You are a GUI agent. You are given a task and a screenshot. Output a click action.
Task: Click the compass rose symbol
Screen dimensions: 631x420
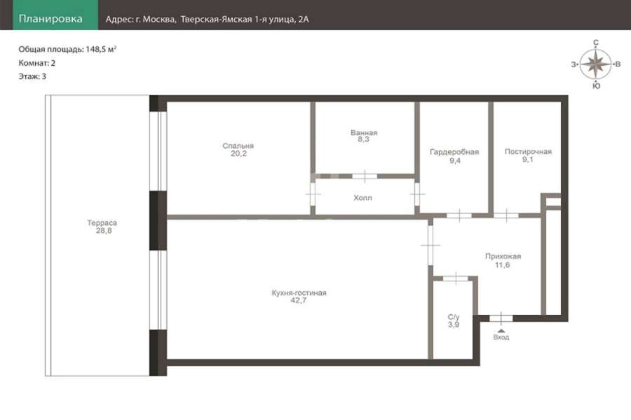[596, 64]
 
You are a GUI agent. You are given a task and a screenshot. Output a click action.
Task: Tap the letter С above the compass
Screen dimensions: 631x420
[596, 43]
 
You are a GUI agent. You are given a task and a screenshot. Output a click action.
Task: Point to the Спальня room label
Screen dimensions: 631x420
[238, 146]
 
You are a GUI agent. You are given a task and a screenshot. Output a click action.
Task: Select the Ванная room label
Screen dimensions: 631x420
[364, 132]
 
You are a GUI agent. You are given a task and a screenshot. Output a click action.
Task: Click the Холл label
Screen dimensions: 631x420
[362, 197]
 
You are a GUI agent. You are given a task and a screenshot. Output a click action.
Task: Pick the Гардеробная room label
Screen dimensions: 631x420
[454, 152]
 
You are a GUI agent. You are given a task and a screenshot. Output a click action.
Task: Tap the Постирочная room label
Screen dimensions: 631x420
[528, 151]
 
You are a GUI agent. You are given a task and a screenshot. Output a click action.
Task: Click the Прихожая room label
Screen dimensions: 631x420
[503, 256]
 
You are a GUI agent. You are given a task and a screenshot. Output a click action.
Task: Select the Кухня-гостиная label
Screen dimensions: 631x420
[299, 293]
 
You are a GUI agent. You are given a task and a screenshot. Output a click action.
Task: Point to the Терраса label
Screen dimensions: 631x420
[102, 223]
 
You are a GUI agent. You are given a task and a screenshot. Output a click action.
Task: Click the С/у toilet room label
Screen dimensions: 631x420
[454, 316]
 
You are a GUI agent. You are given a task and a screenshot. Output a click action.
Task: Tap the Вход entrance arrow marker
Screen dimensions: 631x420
[501, 330]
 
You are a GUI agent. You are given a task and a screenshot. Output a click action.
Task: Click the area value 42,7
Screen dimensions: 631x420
[299, 300]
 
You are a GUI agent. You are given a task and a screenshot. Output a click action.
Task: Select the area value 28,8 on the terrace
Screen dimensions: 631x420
[104, 231]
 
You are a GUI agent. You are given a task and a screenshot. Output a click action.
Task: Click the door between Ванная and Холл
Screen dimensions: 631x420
[365, 176]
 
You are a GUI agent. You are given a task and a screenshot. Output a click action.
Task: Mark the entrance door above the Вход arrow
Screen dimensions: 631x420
[501, 318]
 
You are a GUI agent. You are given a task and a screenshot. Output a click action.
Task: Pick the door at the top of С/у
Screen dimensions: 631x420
[456, 278]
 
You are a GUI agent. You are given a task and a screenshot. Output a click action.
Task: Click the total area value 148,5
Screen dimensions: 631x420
[95, 50]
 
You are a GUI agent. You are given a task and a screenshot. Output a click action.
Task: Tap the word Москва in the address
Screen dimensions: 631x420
[159, 20]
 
